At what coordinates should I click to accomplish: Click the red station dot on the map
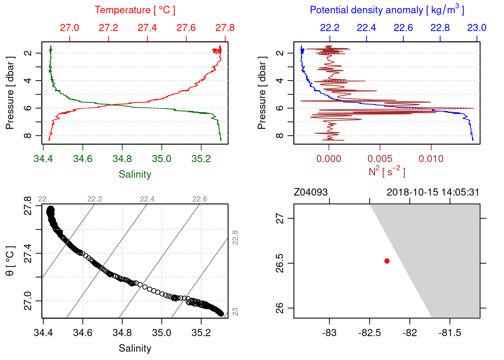tap(387, 261)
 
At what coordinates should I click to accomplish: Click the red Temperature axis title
tap(135, 10)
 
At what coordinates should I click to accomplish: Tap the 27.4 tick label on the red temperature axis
tap(147, 28)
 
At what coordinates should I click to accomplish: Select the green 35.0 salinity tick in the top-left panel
tap(162, 159)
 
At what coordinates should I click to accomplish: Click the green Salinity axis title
tap(135, 174)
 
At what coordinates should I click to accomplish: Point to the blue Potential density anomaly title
tap(387, 10)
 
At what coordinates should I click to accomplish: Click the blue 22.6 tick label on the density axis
tap(403, 28)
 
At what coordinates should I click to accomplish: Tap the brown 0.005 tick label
tap(380, 159)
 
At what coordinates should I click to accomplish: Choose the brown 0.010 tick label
tap(431, 159)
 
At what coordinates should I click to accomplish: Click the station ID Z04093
tap(310, 192)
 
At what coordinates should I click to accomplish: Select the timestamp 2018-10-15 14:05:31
tap(433, 192)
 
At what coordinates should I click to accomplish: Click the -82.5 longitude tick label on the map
tap(369, 333)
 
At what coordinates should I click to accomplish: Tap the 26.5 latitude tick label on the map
tap(280, 263)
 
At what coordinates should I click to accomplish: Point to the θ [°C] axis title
tap(10, 261)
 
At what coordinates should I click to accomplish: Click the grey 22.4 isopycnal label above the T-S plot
tap(147, 199)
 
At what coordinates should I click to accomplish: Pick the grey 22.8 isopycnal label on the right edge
tap(235, 238)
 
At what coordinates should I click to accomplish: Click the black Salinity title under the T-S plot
tap(135, 348)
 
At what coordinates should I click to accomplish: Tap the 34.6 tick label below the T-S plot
tap(82, 333)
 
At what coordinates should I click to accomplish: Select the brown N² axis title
tap(387, 171)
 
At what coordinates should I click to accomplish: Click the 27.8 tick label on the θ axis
tap(28, 206)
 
